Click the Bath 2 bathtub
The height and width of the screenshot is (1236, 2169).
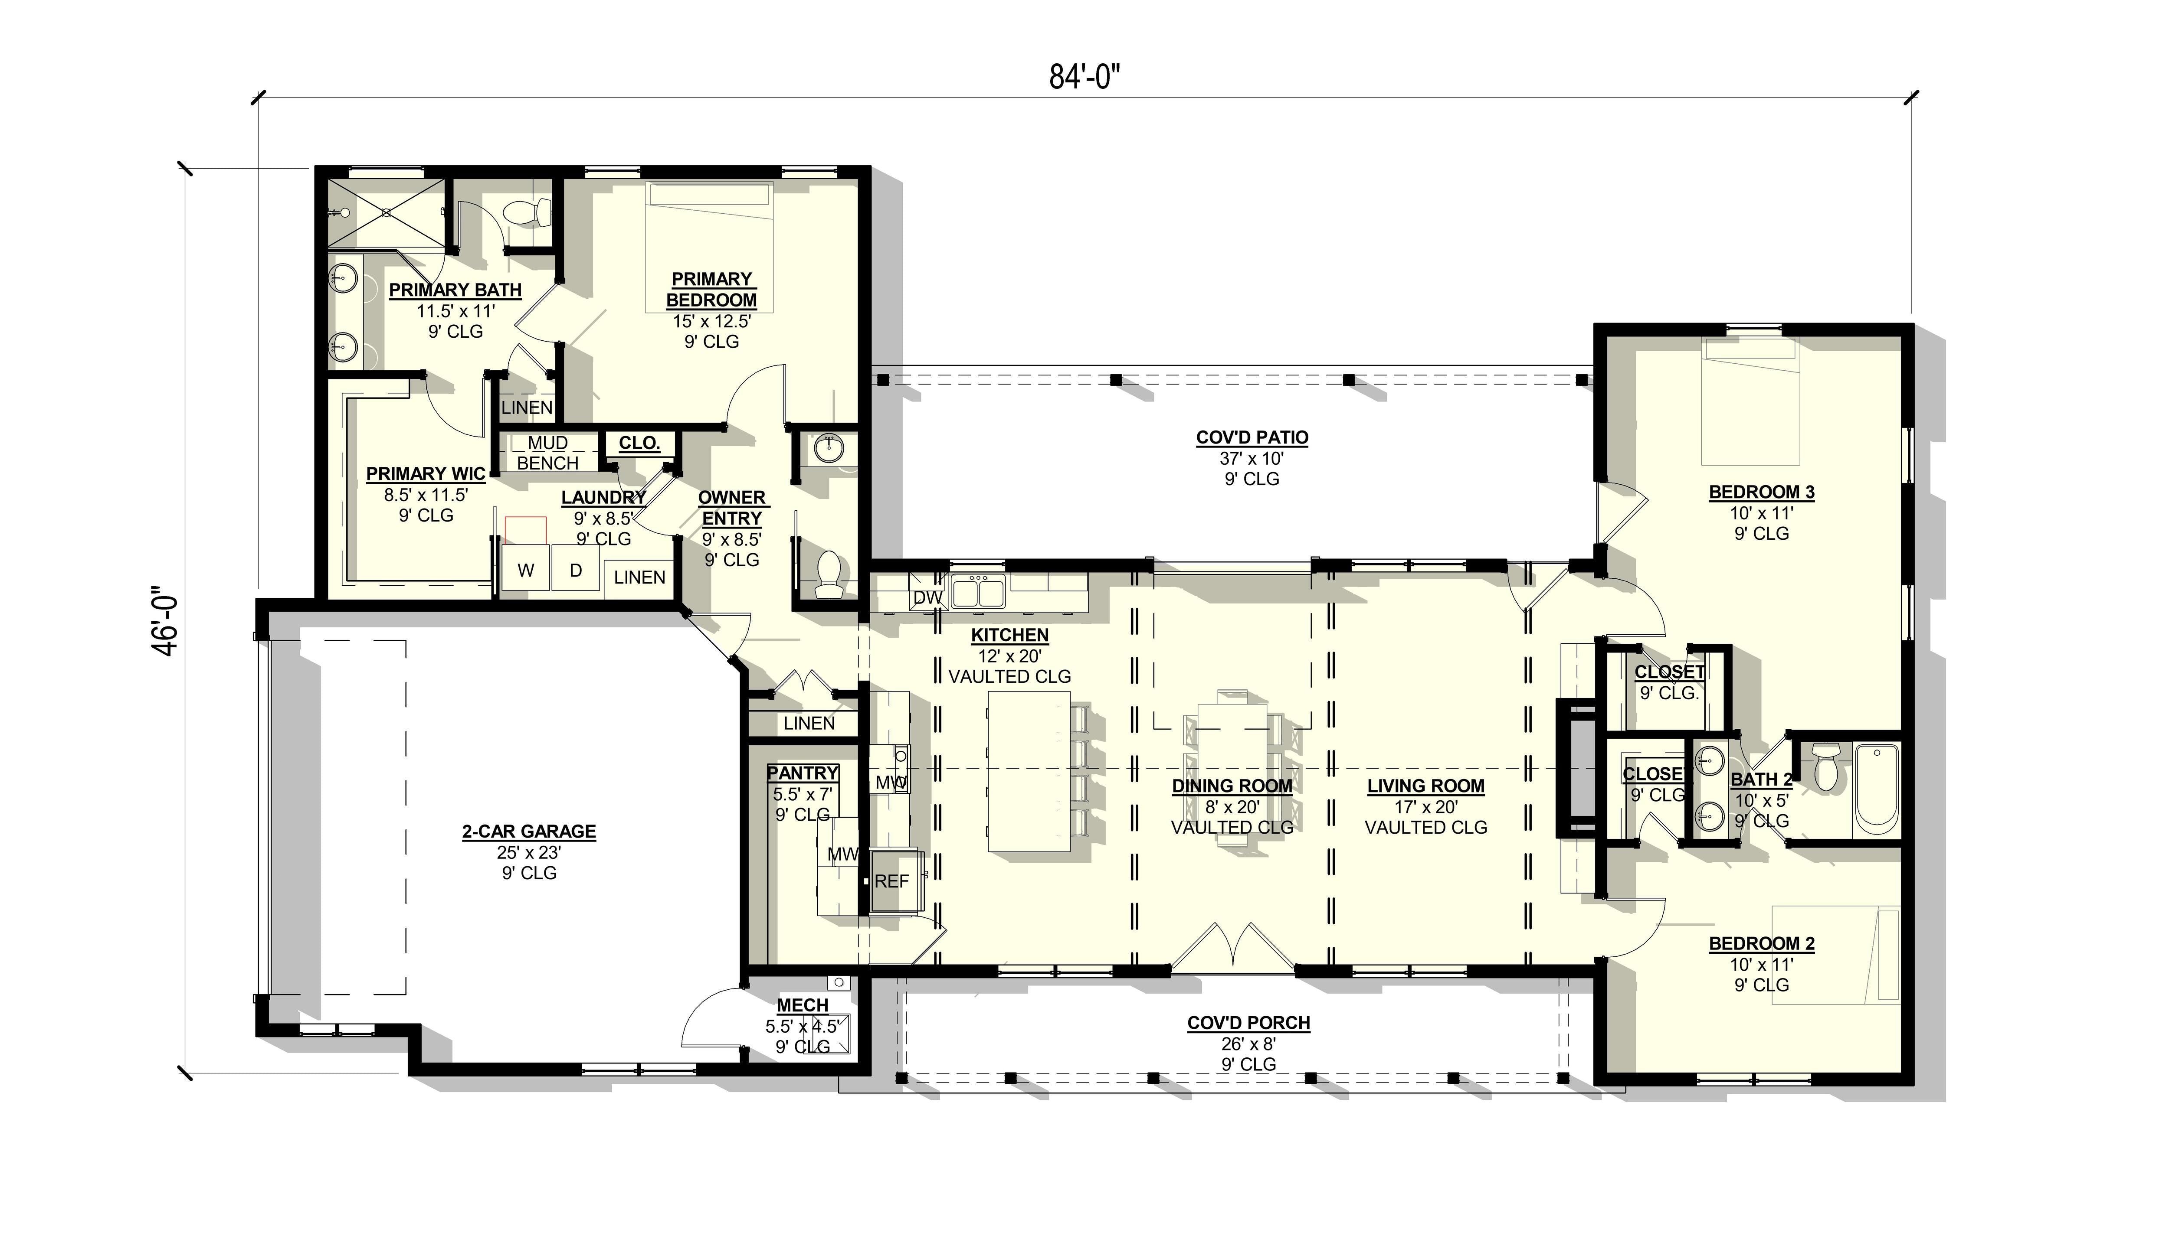pyautogui.click(x=1877, y=789)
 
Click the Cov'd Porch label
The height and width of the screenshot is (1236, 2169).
pyautogui.click(x=1248, y=1023)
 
